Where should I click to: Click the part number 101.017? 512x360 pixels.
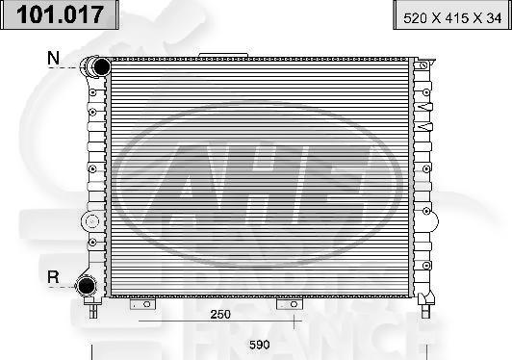tap(61, 14)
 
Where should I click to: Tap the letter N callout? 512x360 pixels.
tap(55, 59)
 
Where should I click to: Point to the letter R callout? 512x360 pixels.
tap(55, 278)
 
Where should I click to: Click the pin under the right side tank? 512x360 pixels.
tap(423, 309)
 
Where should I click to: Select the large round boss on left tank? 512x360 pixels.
tap(91, 220)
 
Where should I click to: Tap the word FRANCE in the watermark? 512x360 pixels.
tap(289, 344)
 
